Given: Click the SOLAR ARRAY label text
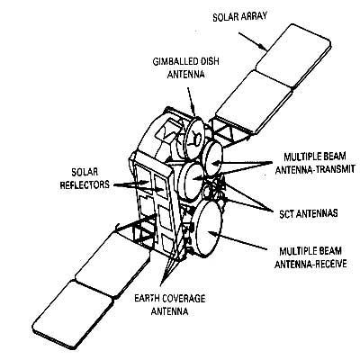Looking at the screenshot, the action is (239, 16).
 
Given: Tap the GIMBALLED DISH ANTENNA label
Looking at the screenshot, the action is (186, 67).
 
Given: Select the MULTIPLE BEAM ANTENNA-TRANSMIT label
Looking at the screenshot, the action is (315, 163).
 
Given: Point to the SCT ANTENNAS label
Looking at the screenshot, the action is (308, 213).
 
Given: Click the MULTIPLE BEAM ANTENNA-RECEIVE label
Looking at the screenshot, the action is (310, 257).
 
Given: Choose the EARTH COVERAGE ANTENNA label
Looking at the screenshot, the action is (170, 305).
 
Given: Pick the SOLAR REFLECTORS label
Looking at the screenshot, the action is (85, 178).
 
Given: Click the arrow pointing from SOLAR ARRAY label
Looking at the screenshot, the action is (253, 41).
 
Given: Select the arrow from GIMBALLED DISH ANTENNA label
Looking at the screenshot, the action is (192, 102).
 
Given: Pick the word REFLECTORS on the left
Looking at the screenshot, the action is (85, 184).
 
